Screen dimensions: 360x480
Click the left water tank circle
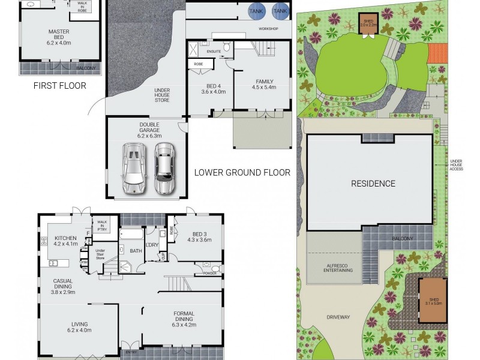[x=256, y=11]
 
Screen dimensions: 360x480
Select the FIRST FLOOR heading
[x=60, y=86]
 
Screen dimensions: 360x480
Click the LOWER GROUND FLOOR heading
[x=242, y=173]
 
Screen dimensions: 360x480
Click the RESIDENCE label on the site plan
[x=373, y=184]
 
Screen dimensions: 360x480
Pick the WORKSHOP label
[x=268, y=29]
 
